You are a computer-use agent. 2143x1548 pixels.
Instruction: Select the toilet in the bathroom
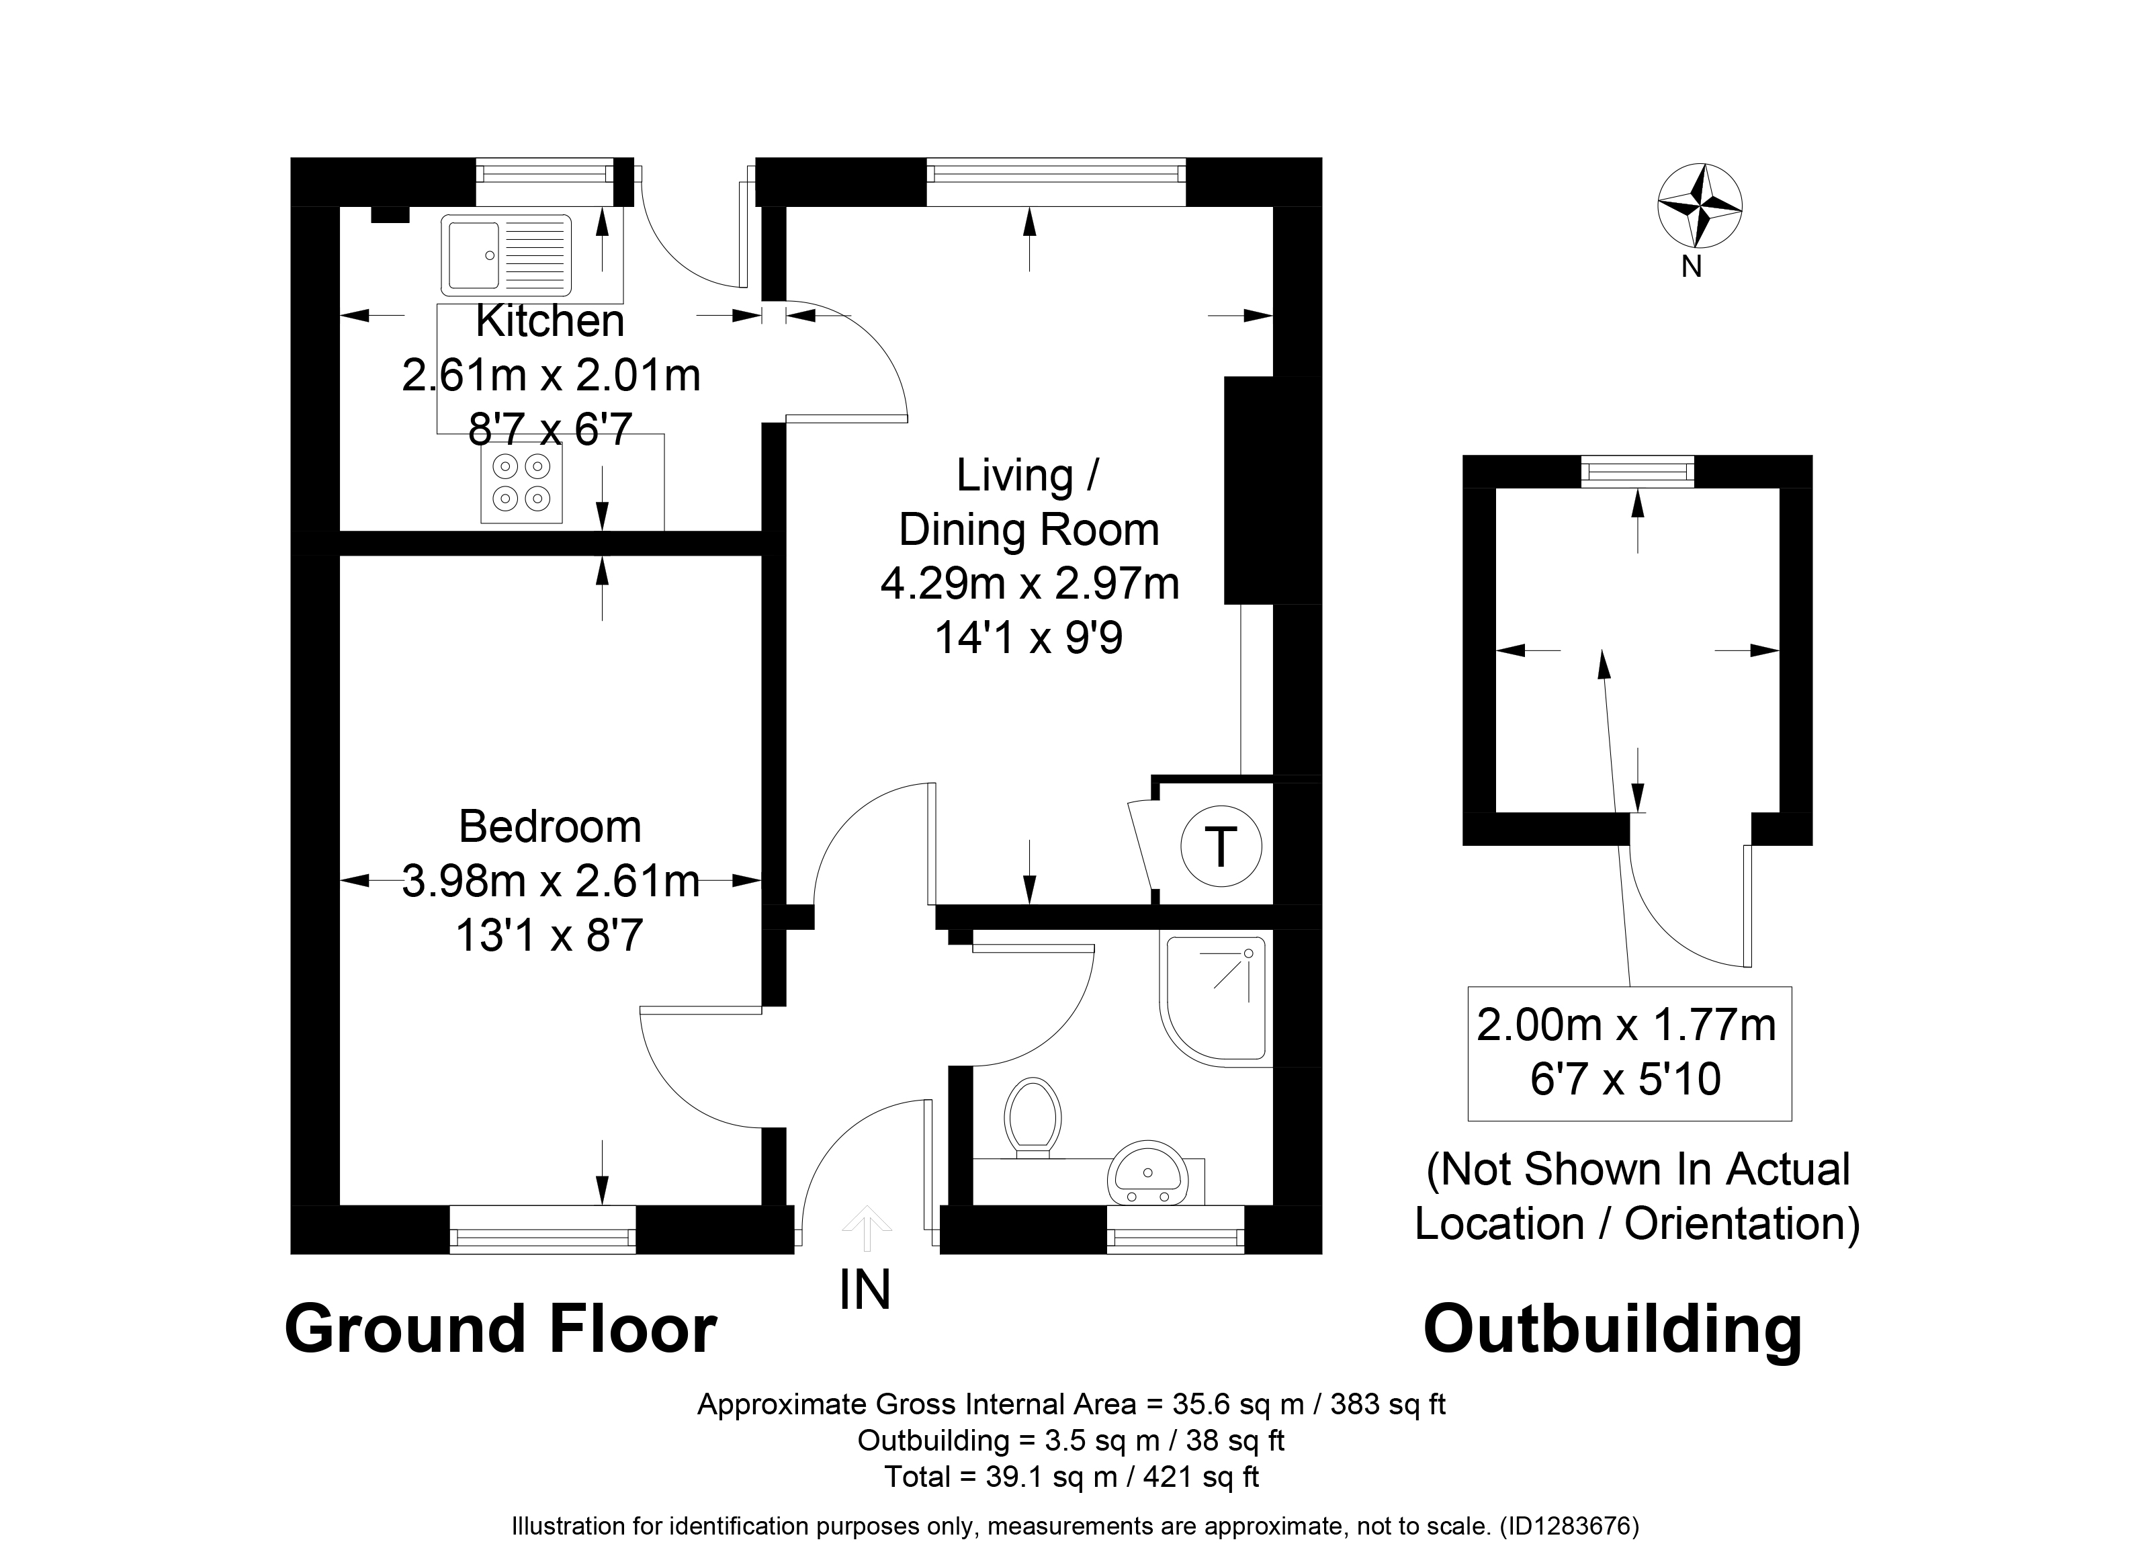coord(1033,1118)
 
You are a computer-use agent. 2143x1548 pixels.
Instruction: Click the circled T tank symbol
coord(1221,846)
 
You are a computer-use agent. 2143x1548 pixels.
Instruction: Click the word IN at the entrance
coord(865,1290)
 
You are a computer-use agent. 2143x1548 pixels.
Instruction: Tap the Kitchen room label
coord(550,321)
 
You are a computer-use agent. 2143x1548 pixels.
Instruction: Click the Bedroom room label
coord(550,827)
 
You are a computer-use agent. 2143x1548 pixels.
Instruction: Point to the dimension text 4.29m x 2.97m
coord(1030,583)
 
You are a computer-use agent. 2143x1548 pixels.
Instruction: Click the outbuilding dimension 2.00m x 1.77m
coord(1627,1025)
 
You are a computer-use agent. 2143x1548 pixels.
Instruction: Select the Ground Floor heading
coord(500,1329)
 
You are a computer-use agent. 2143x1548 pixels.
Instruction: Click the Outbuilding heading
coord(1613,1330)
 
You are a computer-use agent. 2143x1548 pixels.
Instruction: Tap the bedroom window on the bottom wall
coord(542,1230)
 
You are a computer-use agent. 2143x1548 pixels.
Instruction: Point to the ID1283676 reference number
coord(1569,1525)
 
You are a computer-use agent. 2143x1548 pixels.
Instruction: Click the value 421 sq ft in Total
coord(1201,1477)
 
